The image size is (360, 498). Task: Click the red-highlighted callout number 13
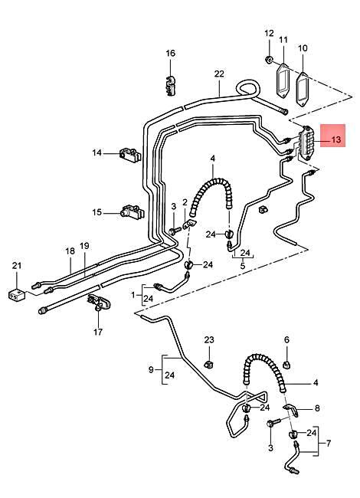coord(336,140)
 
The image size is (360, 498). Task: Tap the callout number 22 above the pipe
coord(219,74)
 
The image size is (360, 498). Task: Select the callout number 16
coord(171,53)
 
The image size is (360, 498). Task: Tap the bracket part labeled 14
coord(130,156)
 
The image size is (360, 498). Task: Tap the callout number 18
coord(69,250)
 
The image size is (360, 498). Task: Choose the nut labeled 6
coord(286,362)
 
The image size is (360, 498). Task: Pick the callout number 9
coord(151,370)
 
